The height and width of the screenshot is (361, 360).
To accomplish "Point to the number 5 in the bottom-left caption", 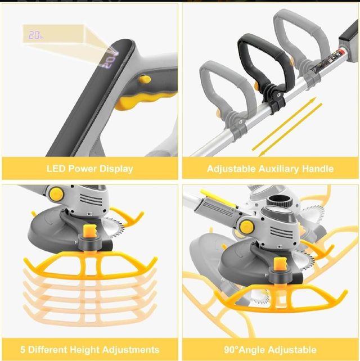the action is pyautogui.click(x=22, y=350).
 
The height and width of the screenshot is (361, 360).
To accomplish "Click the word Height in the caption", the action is pyautogui.click(x=84, y=350).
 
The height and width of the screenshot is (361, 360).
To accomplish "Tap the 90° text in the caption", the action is pyautogui.click(x=231, y=350).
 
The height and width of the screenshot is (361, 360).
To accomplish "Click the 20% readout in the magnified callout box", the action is pyautogui.click(x=35, y=35).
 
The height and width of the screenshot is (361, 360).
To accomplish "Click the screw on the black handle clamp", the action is pyautogui.click(x=279, y=94).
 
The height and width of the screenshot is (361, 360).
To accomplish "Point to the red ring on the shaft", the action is pyautogui.click(x=342, y=51).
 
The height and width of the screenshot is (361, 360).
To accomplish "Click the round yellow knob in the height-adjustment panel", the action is pyautogui.click(x=56, y=194).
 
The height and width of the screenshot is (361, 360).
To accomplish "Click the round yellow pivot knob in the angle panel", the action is pyautogui.click(x=247, y=227).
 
